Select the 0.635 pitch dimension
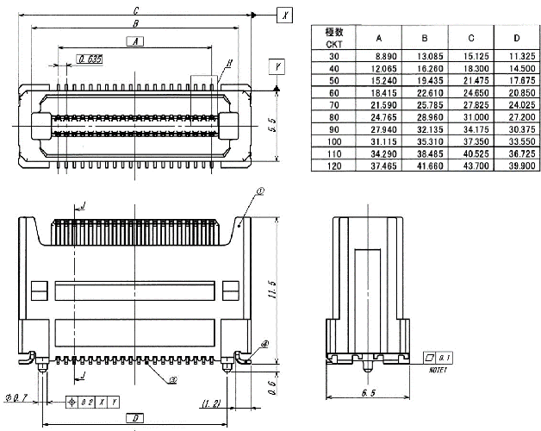pyautogui.click(x=90, y=59)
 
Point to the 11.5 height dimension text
pyautogui.click(x=271, y=289)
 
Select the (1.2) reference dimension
pyautogui.click(x=213, y=403)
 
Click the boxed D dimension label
pyautogui.click(x=134, y=418)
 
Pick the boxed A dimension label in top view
pyautogui.click(x=134, y=41)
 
